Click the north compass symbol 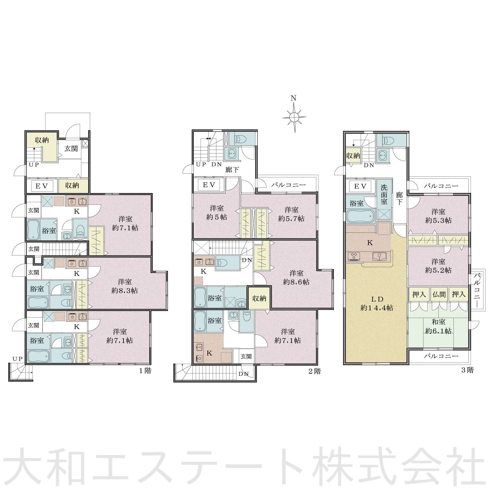point(294,116)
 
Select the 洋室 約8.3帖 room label point(124,286)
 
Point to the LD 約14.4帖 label point(377,303)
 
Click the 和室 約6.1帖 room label point(438,327)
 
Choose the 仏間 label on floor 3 point(439,294)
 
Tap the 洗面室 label point(384,194)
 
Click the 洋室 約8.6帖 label point(296,277)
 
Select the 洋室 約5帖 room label point(217,212)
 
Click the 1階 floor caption point(145,371)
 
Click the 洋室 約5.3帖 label point(438,216)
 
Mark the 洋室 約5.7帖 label point(291,214)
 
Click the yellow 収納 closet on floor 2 point(259,298)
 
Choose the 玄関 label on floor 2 point(246,356)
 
